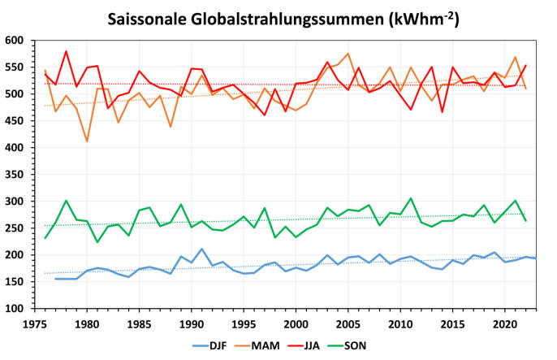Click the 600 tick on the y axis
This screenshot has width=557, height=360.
[x=15, y=41]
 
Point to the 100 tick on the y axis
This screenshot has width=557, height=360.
[x=15, y=309]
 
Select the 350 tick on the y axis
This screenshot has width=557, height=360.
[x=15, y=175]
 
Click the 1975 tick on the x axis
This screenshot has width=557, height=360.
[x=35, y=321]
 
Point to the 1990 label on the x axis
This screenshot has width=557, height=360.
[x=191, y=321]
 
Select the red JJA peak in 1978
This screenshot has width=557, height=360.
[x=66, y=51]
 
